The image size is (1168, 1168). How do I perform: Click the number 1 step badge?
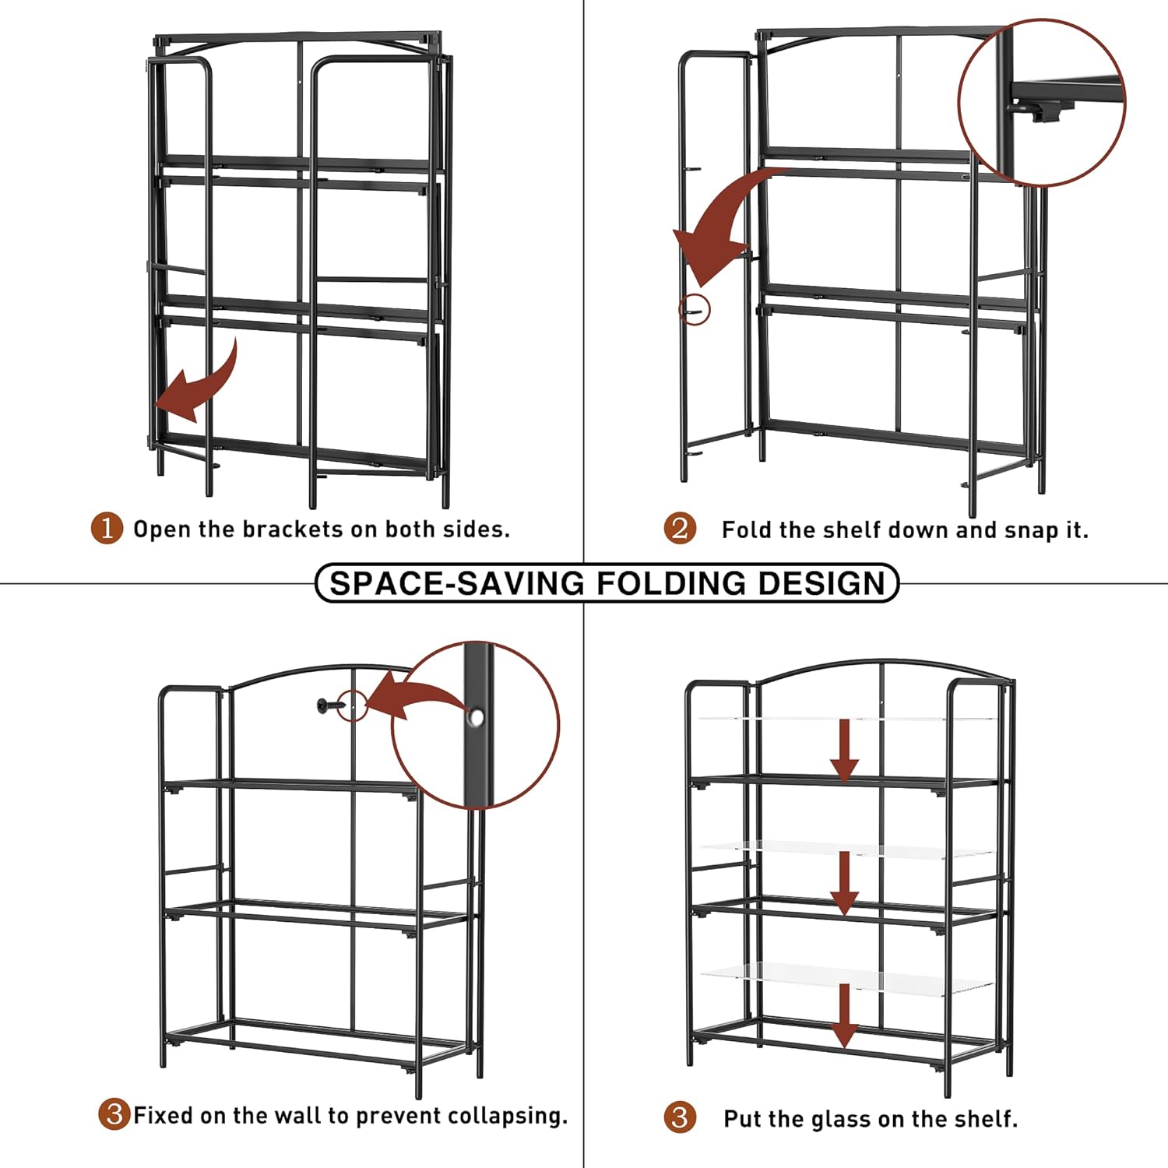(x=107, y=529)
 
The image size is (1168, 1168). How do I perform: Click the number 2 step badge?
(x=680, y=529)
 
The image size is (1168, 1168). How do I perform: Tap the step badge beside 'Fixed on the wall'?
(x=114, y=1114)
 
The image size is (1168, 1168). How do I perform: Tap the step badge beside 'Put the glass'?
(x=680, y=1117)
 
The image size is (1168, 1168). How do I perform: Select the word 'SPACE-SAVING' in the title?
(x=457, y=583)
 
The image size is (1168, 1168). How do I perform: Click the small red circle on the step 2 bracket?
(x=695, y=311)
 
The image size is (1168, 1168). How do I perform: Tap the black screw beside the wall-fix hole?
(x=329, y=705)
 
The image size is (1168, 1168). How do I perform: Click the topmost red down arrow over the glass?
(x=844, y=750)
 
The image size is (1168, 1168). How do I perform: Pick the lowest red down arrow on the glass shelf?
(x=844, y=1016)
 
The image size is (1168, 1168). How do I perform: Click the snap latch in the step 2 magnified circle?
(x=1043, y=111)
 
